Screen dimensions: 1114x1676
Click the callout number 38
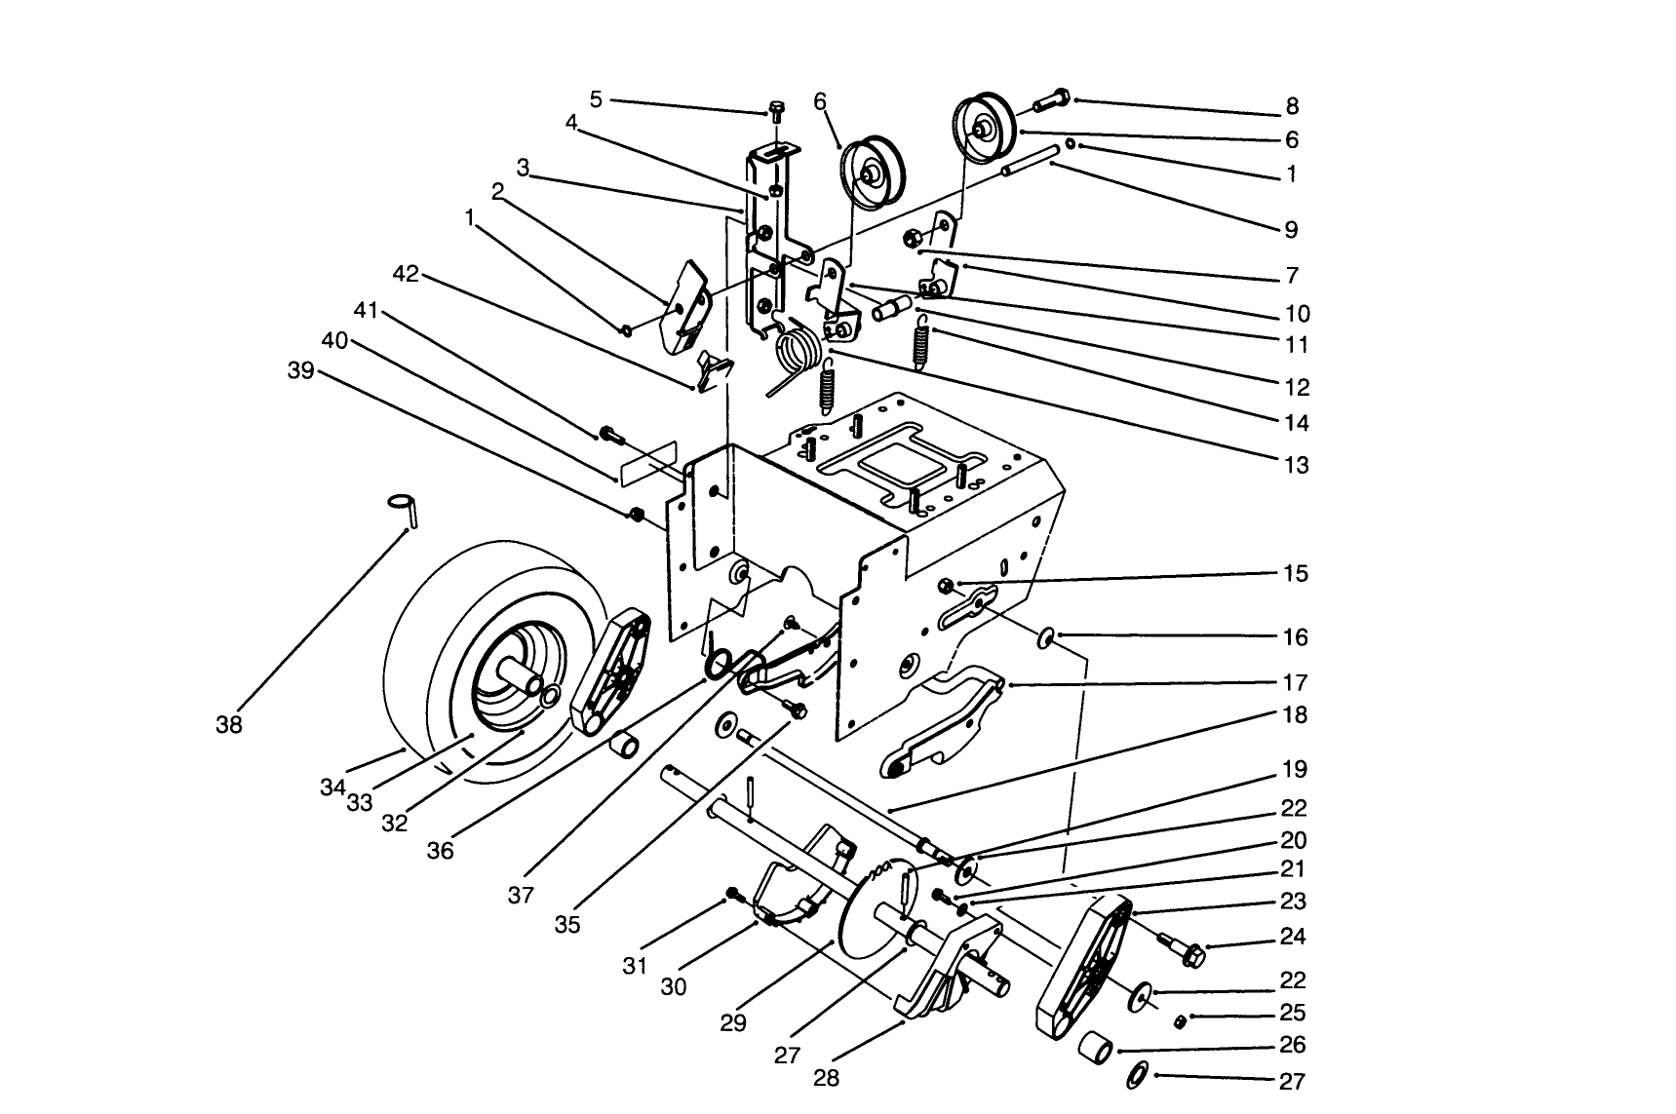tap(229, 725)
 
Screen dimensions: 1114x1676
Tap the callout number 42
tap(406, 275)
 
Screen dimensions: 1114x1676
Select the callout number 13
tap(1296, 465)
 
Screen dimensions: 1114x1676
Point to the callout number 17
tap(1296, 682)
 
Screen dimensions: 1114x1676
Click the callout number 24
tap(1293, 937)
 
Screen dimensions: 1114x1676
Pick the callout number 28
tap(826, 1078)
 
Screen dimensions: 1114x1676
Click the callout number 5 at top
tap(597, 98)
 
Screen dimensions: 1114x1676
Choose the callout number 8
tap(1293, 106)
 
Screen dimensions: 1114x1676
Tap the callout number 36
tap(440, 850)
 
